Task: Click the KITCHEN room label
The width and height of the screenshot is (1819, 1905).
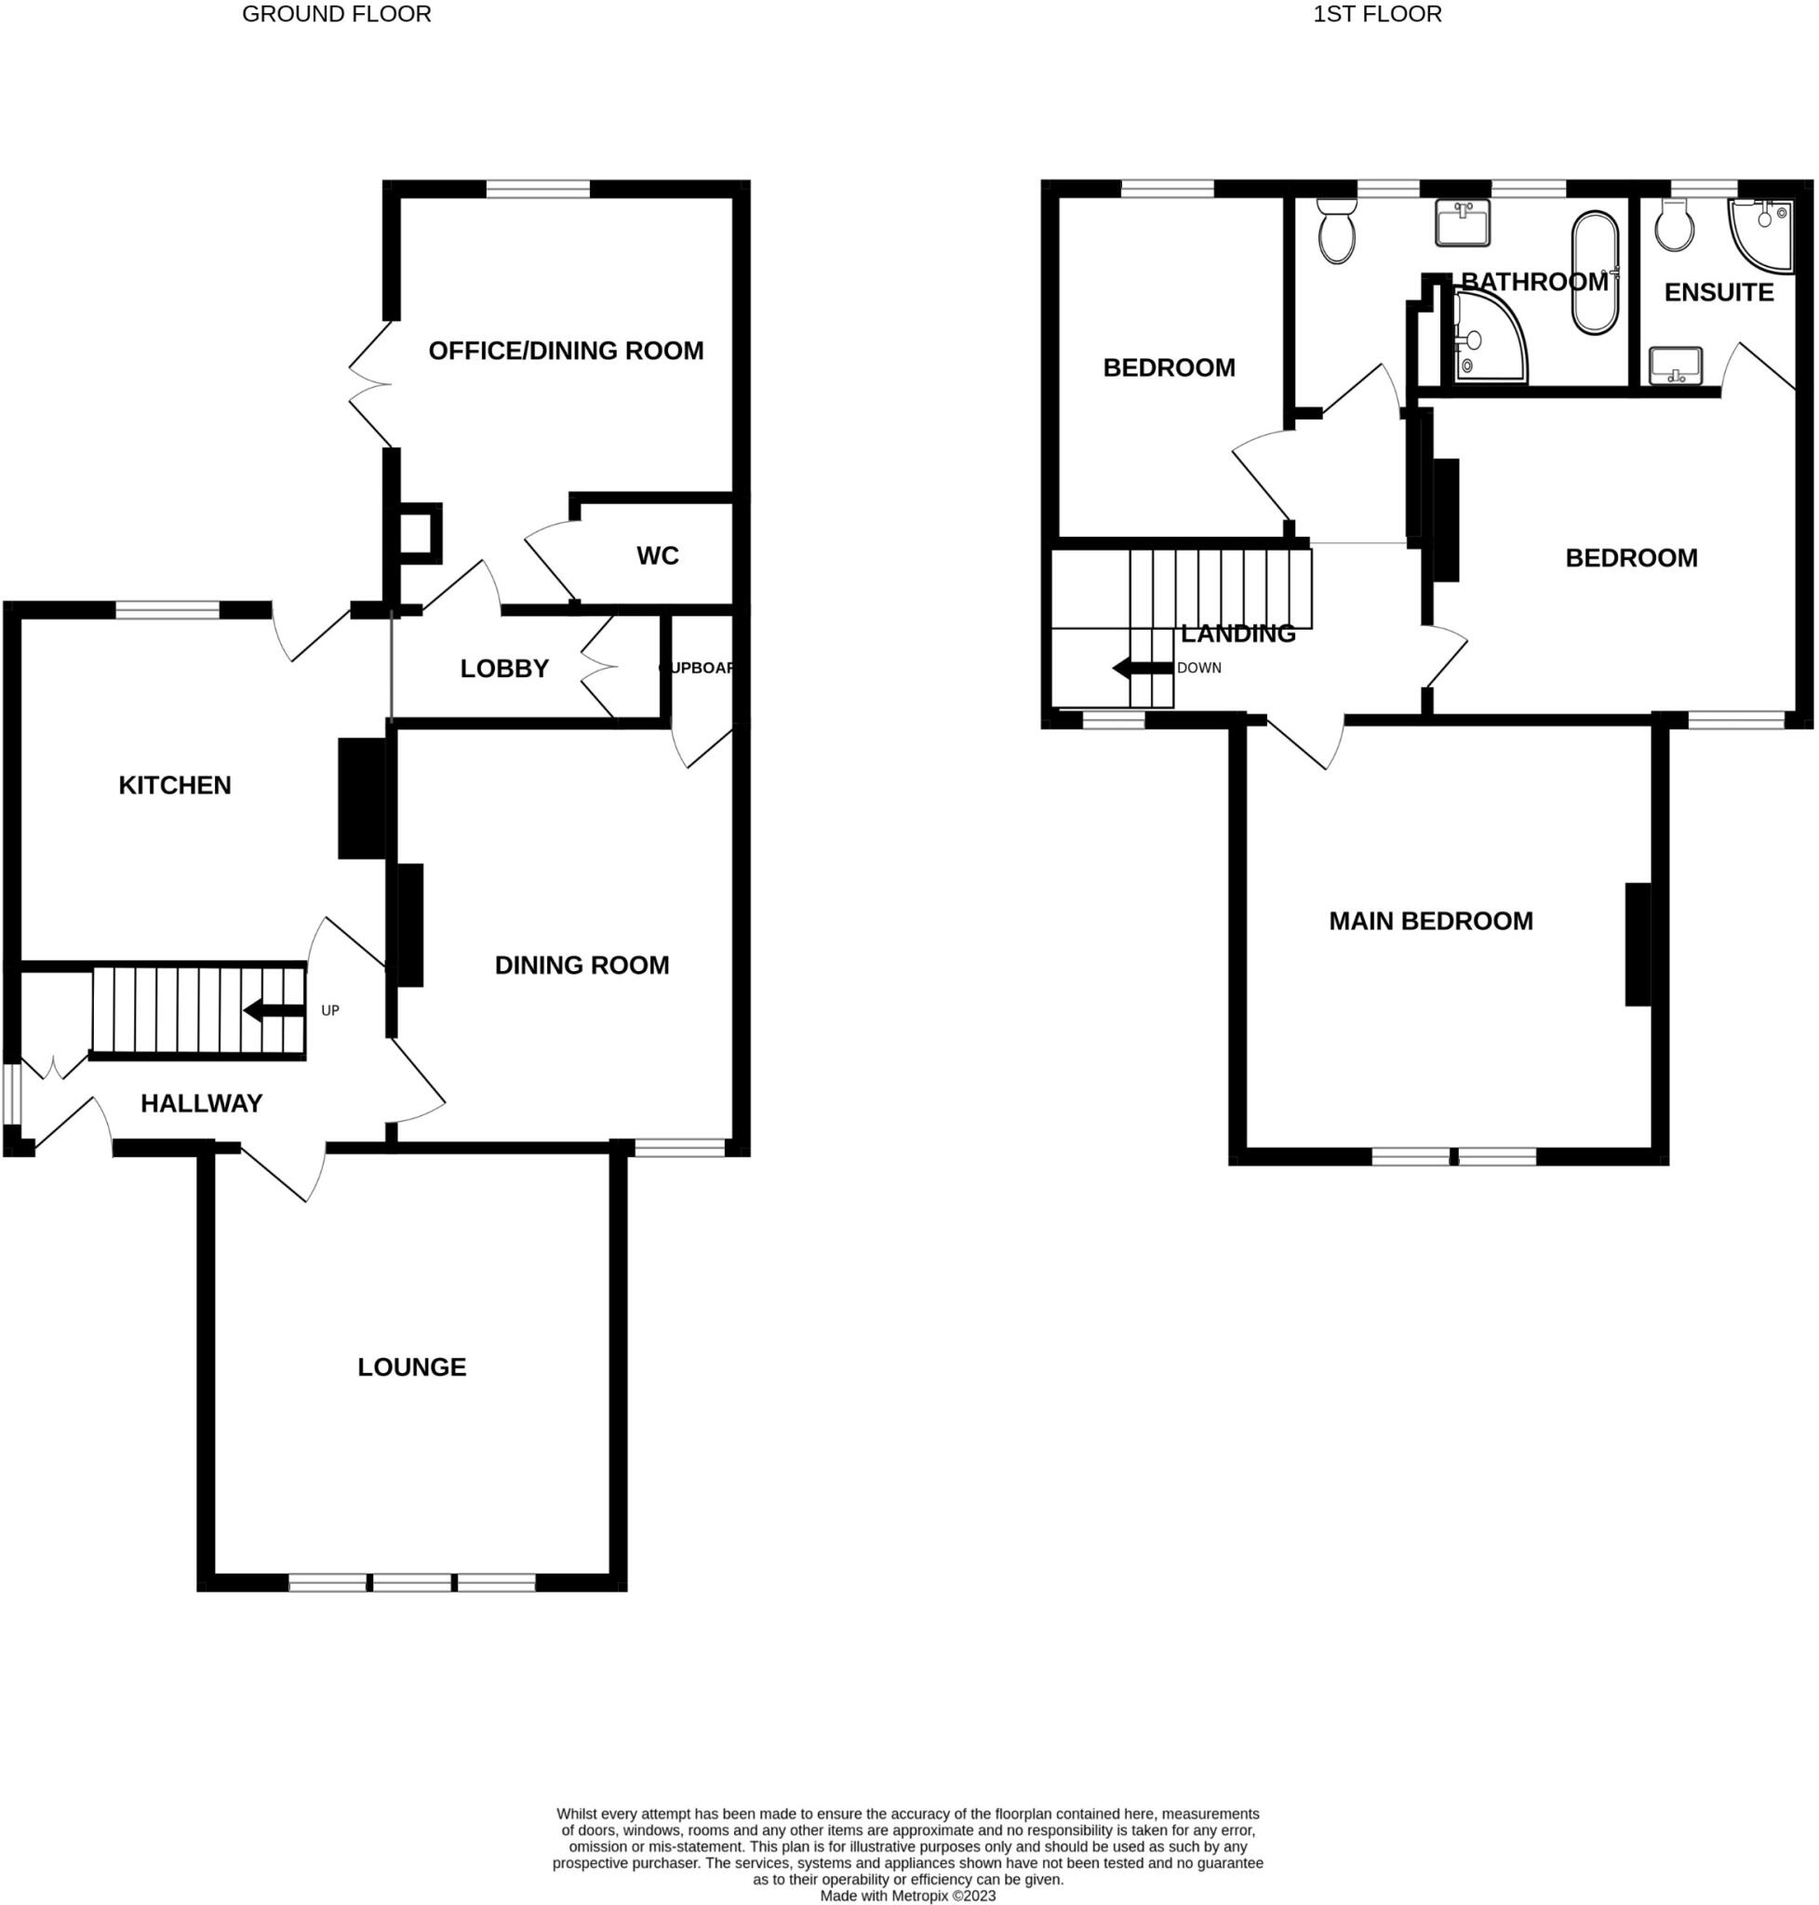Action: (x=175, y=785)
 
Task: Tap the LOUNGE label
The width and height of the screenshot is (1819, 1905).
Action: (x=411, y=1367)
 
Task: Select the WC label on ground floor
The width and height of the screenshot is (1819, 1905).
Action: (x=658, y=555)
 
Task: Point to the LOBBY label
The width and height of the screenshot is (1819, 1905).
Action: (x=504, y=668)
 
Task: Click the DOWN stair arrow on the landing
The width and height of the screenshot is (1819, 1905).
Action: (x=1142, y=667)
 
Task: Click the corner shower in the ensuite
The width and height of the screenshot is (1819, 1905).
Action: (x=1759, y=233)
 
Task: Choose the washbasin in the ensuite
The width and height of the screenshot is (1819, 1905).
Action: (x=1675, y=366)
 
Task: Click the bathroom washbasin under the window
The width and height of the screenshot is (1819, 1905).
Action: (x=1461, y=225)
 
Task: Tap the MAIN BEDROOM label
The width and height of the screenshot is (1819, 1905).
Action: (x=1430, y=921)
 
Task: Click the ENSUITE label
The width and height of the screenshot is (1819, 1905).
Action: (x=1719, y=292)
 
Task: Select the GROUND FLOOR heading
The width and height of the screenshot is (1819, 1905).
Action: (x=337, y=14)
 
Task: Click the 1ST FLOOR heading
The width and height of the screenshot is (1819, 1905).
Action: (x=1377, y=14)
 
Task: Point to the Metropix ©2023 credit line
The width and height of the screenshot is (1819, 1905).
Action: (x=907, y=1896)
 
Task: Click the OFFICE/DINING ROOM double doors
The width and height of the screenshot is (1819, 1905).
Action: (x=370, y=385)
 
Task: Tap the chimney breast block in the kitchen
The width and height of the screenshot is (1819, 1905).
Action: (x=362, y=798)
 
